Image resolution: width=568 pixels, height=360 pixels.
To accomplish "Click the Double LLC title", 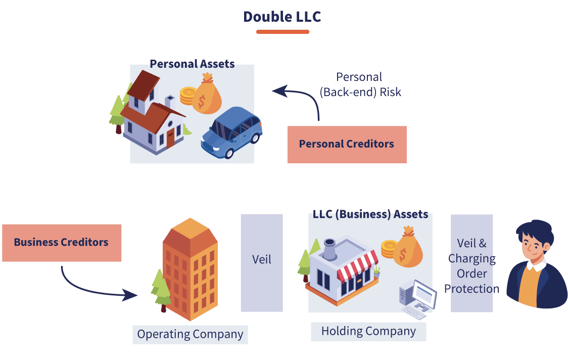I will [x=282, y=17].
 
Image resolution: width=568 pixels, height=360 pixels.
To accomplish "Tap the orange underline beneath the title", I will [x=282, y=32].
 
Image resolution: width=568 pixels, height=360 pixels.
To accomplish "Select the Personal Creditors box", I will [x=347, y=144].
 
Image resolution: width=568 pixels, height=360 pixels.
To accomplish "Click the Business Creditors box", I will [x=61, y=243].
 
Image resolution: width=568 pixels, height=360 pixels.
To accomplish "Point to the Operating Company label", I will [x=190, y=334].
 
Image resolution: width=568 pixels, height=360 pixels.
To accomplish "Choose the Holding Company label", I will [x=368, y=332].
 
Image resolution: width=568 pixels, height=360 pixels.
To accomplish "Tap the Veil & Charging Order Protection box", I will [x=471, y=263].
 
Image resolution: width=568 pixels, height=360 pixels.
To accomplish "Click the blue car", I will [x=232, y=133].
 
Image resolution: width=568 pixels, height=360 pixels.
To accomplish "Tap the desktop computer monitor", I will [x=423, y=294].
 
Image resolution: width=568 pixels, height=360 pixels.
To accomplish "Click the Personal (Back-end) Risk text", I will [x=360, y=84].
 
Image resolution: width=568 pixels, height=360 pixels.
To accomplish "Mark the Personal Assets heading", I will [x=192, y=64].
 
